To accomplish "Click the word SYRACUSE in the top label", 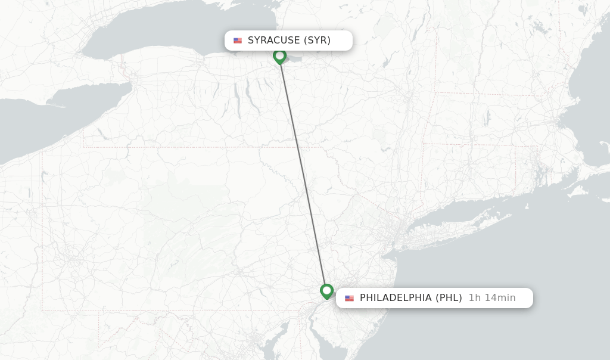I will pos(273,41).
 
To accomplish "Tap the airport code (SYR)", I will pos(317,41).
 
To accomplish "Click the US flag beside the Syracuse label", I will pos(238,41).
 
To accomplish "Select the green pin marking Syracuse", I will pos(279,56).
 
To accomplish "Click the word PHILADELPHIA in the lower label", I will pos(396,298).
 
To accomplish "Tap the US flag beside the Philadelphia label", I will pos(349,298).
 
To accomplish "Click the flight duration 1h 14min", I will pos(492,298).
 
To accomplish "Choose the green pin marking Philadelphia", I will pos(326,291).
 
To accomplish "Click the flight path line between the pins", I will pos(303,173).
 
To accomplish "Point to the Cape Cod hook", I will pos(602,146).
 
